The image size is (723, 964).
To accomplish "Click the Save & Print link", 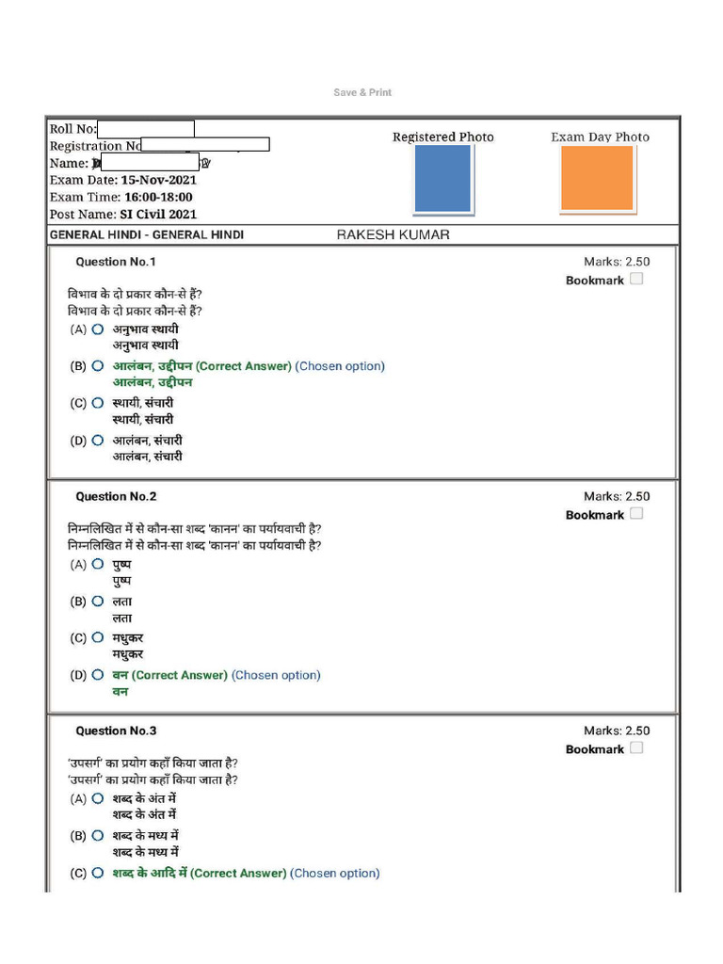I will [362, 92].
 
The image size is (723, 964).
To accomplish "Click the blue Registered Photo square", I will [442, 178].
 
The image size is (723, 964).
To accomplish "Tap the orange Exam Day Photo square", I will [597, 178].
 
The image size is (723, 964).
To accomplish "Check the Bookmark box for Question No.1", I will [636, 280].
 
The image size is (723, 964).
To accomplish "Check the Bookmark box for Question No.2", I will [636, 514].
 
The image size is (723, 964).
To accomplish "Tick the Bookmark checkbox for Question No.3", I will [636, 748].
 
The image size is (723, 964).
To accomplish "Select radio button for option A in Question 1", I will [98, 329].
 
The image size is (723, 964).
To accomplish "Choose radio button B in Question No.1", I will [98, 366].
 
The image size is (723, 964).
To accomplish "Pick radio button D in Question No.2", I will [98, 675].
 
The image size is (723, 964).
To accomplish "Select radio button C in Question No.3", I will [98, 873].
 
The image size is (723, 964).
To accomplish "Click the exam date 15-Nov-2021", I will [158, 180].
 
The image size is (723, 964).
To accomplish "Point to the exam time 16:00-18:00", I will [158, 197].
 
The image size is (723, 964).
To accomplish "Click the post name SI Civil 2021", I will [158, 214].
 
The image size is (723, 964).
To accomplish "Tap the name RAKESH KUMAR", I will [393, 234].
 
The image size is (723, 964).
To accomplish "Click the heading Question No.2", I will [116, 496].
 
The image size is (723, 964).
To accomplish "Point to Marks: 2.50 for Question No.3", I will [616, 731].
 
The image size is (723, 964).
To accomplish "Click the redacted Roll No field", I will [146, 129].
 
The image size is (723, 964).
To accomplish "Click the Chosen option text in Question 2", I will [276, 675].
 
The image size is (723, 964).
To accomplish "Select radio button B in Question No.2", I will [98, 601].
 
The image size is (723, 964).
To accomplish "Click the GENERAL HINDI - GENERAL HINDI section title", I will [146, 234].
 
